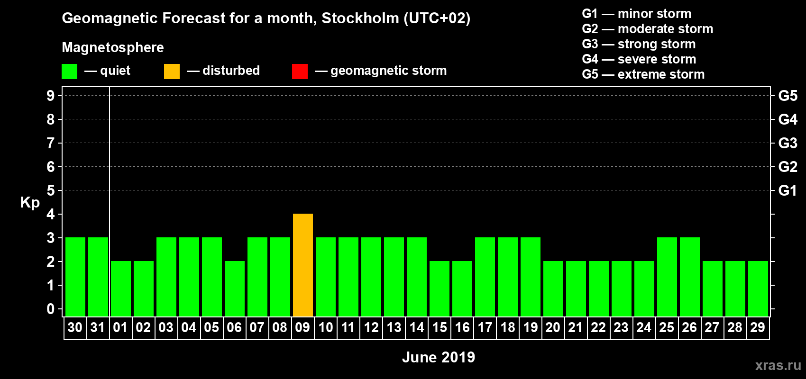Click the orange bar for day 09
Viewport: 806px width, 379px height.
click(x=303, y=265)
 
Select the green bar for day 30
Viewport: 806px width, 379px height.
click(x=75, y=277)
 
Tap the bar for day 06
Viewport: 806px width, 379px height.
click(x=235, y=289)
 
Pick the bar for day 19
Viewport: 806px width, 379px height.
click(x=531, y=277)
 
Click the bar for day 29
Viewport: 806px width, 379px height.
click(x=758, y=289)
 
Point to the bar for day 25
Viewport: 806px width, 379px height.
click(x=667, y=277)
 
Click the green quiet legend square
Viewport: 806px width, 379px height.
click(x=70, y=72)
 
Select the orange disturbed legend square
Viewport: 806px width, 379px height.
click(x=172, y=72)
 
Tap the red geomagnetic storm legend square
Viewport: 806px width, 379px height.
click(x=300, y=72)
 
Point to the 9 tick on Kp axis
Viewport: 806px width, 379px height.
click(x=51, y=96)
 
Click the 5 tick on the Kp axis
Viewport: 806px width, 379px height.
click(x=51, y=190)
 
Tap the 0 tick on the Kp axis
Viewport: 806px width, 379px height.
click(x=51, y=309)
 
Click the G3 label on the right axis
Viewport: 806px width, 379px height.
click(x=788, y=143)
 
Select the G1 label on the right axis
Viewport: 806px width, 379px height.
click(x=788, y=190)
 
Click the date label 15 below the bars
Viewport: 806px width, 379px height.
click(x=440, y=327)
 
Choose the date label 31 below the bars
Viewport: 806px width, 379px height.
click(x=98, y=327)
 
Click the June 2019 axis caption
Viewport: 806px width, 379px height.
click(x=439, y=357)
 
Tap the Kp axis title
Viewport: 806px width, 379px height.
click(x=30, y=202)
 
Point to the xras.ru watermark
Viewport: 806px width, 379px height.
click(x=778, y=365)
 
